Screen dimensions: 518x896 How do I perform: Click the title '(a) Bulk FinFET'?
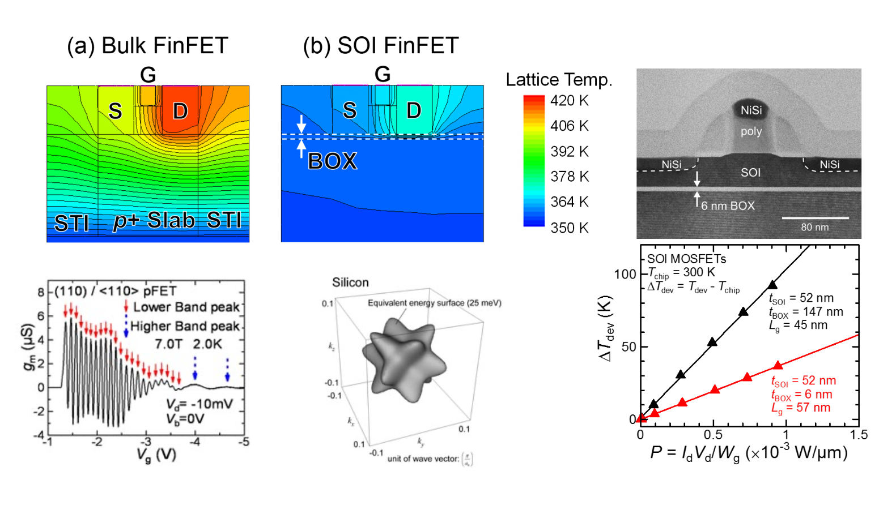[x=147, y=46]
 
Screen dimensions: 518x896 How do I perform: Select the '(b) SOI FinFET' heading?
[x=381, y=46]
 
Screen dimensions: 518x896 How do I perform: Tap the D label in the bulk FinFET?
[x=180, y=111]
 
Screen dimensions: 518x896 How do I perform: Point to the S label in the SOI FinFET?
[x=350, y=110]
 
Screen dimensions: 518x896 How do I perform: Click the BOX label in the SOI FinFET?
[x=333, y=162]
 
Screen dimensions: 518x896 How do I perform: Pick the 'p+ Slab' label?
[x=154, y=220]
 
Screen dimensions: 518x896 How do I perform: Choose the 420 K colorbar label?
[x=570, y=101]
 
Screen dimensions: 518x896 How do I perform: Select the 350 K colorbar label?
[x=570, y=228]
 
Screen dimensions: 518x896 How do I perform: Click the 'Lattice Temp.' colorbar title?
[x=559, y=80]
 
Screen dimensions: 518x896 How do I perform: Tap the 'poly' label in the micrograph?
[x=751, y=131]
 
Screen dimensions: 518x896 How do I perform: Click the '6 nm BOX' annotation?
[x=728, y=206]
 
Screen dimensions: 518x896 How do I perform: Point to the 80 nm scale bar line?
[x=815, y=217]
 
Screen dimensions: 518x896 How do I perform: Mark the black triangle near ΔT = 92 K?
[x=772, y=285]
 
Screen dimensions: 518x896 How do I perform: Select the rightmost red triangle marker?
[x=778, y=366]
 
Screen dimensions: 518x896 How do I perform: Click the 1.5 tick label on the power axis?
[x=859, y=435]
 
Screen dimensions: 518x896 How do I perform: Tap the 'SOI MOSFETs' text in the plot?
[x=686, y=259]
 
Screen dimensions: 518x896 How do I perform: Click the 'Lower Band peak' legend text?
[x=186, y=307]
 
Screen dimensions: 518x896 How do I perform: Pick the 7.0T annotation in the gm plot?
[x=168, y=344]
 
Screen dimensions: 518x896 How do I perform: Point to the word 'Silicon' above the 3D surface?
[x=350, y=282]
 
